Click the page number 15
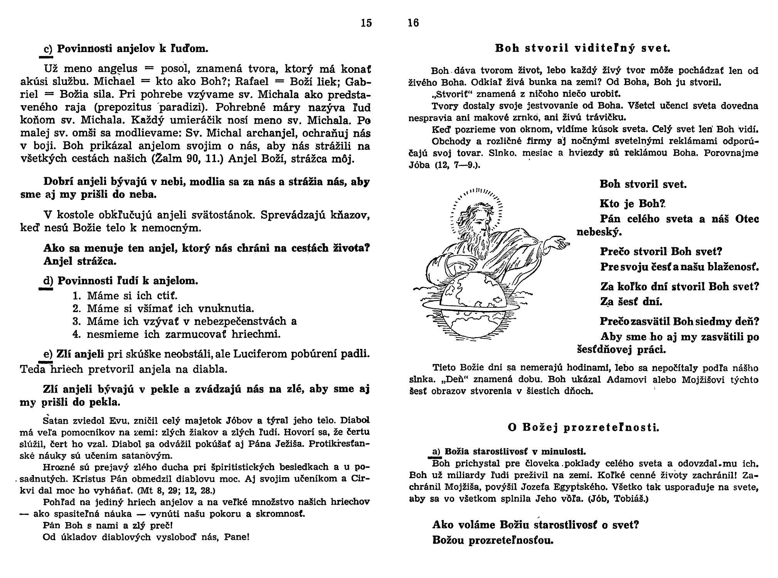[366, 23]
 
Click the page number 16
[413, 23]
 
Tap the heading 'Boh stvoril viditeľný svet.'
[583, 49]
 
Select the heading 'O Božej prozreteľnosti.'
[584, 427]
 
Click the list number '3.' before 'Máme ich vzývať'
[76, 321]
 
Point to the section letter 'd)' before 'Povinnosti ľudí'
[48, 281]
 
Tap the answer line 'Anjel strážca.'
[80, 261]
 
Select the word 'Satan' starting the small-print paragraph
[56, 420]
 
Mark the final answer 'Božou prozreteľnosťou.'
[493, 540]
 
